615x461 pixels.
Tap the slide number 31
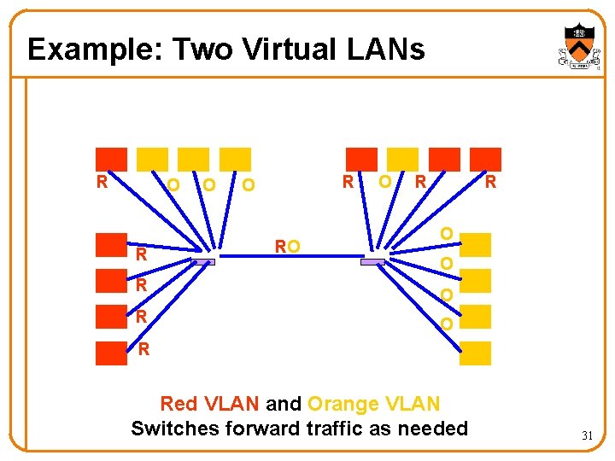(588, 435)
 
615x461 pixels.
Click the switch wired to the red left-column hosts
(202, 262)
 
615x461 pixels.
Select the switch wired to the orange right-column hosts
(374, 262)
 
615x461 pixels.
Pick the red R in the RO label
(280, 246)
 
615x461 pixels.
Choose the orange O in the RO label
(294, 246)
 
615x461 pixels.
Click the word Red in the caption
(179, 403)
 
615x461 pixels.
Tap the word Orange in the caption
(342, 403)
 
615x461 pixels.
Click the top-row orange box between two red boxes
(402, 159)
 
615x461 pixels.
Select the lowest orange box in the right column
(476, 353)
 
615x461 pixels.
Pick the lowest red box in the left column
(111, 353)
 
